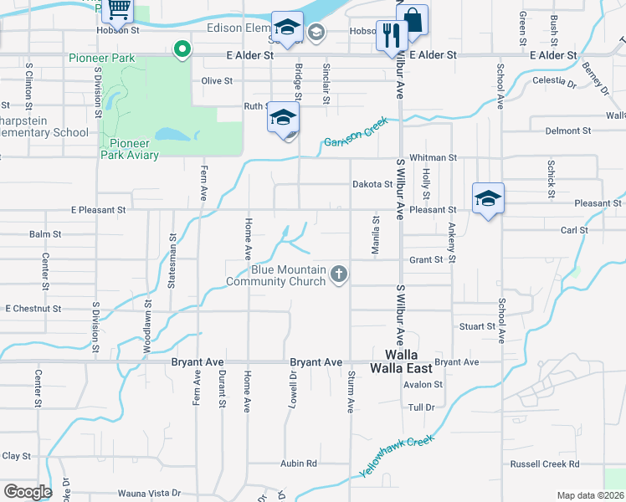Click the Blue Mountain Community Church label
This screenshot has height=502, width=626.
point(289,275)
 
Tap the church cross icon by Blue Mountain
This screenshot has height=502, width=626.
point(339,274)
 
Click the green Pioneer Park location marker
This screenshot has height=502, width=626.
point(181,50)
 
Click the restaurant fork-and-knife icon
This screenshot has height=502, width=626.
point(391,35)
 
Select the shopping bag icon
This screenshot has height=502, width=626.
point(413,19)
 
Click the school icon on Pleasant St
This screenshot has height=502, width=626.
point(488,199)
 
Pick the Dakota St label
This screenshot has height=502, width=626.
point(372,184)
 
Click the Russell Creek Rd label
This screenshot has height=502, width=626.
point(545,464)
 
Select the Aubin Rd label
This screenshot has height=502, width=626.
point(299,463)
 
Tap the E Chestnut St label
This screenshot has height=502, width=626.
point(33,309)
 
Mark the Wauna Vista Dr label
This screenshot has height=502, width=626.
point(149,494)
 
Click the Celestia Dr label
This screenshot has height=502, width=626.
point(554,83)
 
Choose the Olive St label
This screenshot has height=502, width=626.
point(217,81)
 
